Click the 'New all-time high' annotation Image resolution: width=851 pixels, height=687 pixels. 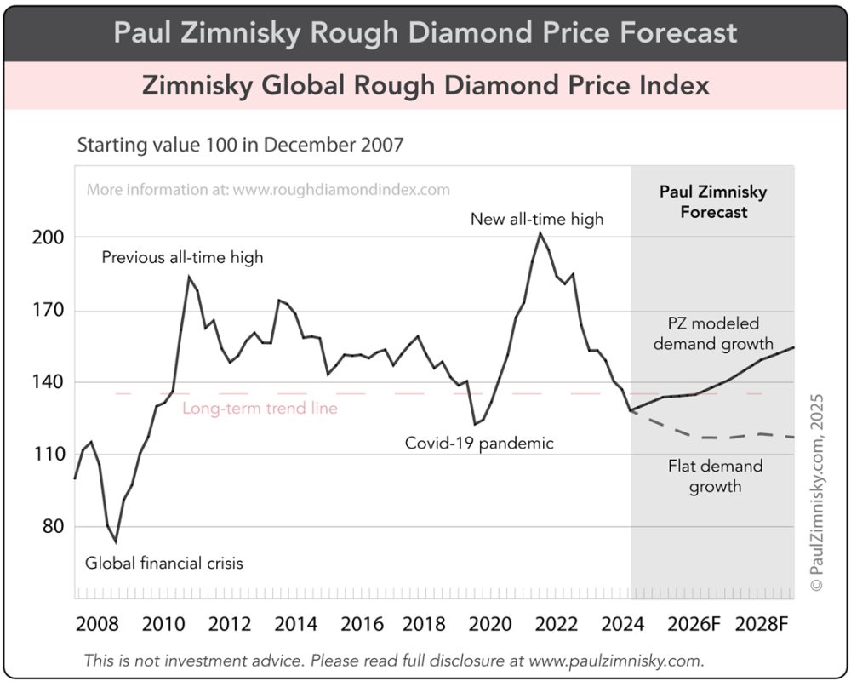point(537,219)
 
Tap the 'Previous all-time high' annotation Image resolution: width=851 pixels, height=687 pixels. point(182,257)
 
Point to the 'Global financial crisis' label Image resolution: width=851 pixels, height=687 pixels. point(164,563)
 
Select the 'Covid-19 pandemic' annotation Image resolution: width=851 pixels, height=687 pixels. point(478,443)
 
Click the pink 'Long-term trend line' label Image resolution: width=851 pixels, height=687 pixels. point(260,409)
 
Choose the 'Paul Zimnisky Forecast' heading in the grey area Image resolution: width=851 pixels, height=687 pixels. point(713,202)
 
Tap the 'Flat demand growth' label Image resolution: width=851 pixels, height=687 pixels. point(715,476)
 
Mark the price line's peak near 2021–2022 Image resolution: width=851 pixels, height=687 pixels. point(539,233)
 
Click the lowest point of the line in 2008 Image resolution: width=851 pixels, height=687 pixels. point(115,542)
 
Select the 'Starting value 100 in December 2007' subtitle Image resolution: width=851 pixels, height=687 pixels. point(240,145)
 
